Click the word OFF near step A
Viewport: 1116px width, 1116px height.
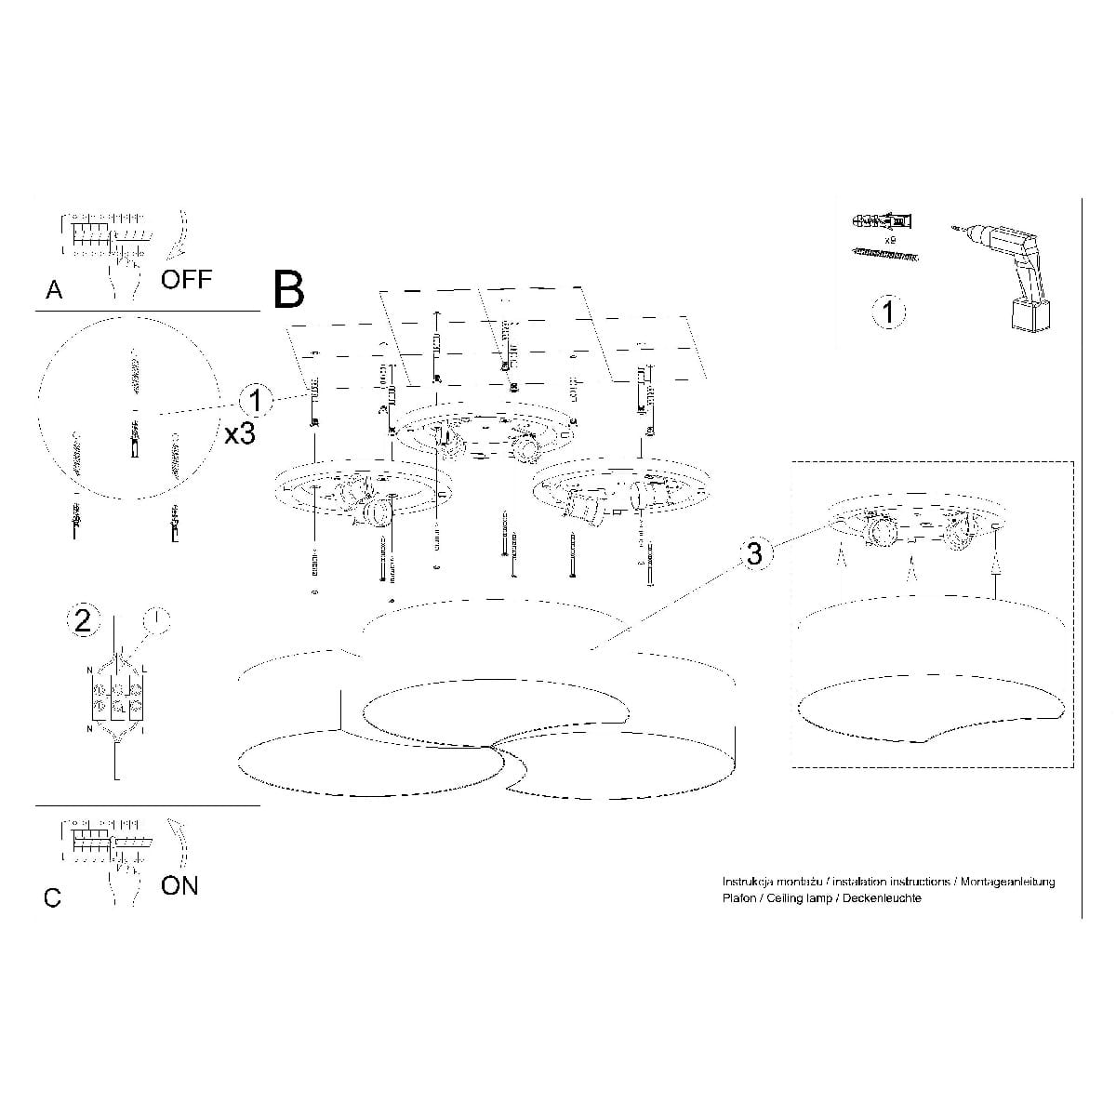click(x=186, y=279)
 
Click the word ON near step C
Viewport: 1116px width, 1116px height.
click(x=179, y=885)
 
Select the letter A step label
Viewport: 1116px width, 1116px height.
click(x=55, y=290)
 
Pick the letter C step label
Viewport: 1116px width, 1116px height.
click(x=53, y=898)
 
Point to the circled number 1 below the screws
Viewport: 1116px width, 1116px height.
click(x=888, y=312)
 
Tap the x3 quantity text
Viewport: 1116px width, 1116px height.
click(x=240, y=432)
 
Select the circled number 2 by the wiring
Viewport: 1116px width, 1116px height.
click(x=84, y=620)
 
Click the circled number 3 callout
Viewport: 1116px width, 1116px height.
click(x=754, y=553)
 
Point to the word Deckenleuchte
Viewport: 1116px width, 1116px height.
click(x=882, y=898)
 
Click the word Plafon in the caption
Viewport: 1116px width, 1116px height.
click(x=738, y=898)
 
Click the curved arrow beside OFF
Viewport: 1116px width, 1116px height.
click(x=180, y=232)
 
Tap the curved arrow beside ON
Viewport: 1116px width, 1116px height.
click(x=179, y=842)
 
